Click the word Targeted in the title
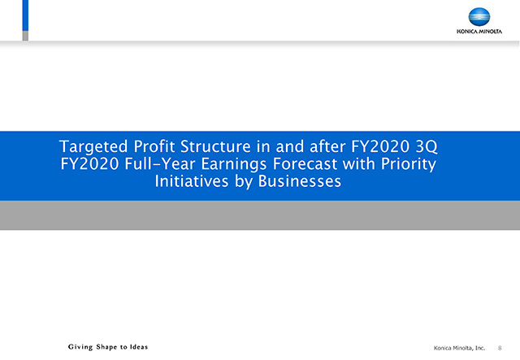pyautogui.click(x=93, y=146)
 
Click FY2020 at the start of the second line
pyautogui.click(x=89, y=163)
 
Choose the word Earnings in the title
pyautogui.click(x=234, y=164)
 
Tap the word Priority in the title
pyautogui.click(x=409, y=164)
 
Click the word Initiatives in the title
pyautogui.click(x=192, y=181)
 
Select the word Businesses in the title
pyautogui.click(x=300, y=181)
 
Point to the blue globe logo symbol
pyautogui.click(x=479, y=17)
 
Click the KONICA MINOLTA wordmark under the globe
pyautogui.click(x=479, y=32)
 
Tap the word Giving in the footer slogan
pyautogui.click(x=80, y=347)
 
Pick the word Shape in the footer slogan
pyautogui.click(x=106, y=347)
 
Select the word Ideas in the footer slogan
pyautogui.click(x=139, y=347)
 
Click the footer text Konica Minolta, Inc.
pyautogui.click(x=459, y=348)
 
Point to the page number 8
pyautogui.click(x=500, y=348)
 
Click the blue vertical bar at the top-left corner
pyautogui.click(x=25, y=15)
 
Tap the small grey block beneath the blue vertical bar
pyautogui.click(x=25, y=36)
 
